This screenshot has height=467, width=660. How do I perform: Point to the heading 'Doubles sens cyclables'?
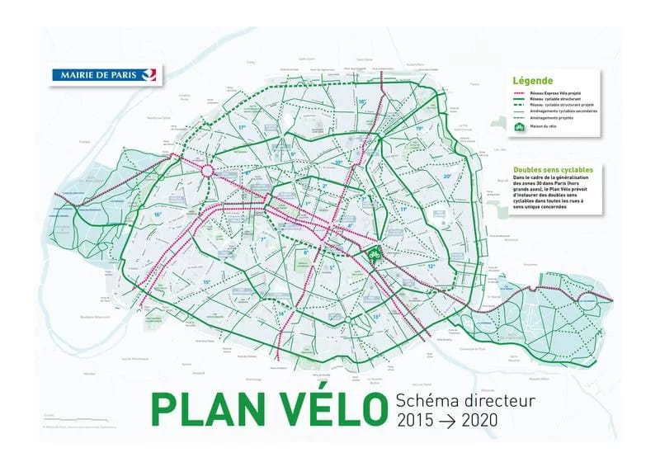553,170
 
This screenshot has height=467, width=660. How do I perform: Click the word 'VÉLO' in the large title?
320,409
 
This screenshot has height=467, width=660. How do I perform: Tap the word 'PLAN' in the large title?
200,409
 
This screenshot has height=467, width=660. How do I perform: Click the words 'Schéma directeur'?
466,400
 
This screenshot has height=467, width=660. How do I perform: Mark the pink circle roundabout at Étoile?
208,171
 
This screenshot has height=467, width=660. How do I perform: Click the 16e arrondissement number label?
157,215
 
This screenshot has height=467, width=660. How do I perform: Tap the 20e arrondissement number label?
446,176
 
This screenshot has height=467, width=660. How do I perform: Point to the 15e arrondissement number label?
205,282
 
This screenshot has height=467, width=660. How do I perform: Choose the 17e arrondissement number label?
243,129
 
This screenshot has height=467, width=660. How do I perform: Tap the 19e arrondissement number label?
419,129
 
